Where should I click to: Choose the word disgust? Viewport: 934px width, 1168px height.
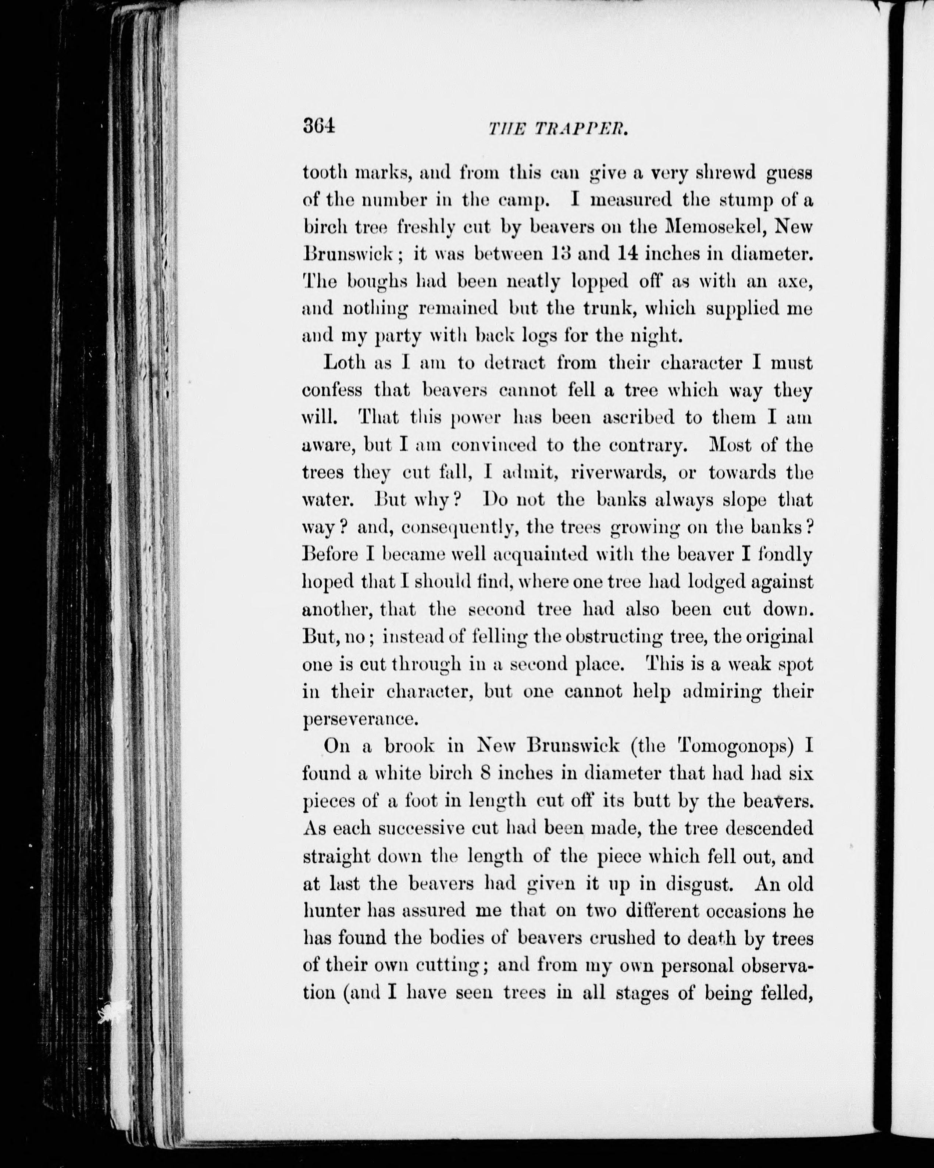tap(701, 884)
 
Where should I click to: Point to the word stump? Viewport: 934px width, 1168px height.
tap(745, 200)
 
